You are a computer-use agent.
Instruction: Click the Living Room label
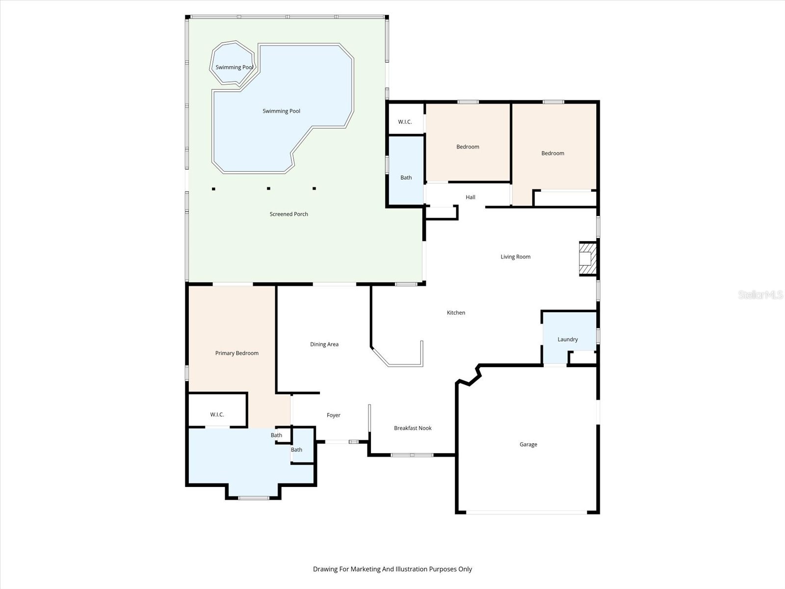(515, 257)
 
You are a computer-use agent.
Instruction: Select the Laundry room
(568, 339)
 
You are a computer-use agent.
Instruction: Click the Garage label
(528, 444)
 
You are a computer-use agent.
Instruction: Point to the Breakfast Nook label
(413, 428)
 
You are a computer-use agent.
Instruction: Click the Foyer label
(334, 415)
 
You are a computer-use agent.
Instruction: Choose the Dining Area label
(324, 344)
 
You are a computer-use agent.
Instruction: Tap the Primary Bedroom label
(236, 353)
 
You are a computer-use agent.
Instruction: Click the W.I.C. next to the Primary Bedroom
(217, 414)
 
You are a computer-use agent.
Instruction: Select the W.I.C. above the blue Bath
(405, 122)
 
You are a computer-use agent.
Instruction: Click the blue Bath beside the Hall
(406, 177)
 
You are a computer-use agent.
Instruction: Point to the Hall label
(471, 197)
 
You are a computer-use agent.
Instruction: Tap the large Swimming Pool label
(281, 111)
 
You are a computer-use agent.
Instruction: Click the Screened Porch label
(288, 214)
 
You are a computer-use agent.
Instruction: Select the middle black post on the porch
(268, 188)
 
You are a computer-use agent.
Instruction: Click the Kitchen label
(456, 313)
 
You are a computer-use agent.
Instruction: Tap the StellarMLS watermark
(760, 294)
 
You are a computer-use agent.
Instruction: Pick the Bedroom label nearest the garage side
(552, 153)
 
